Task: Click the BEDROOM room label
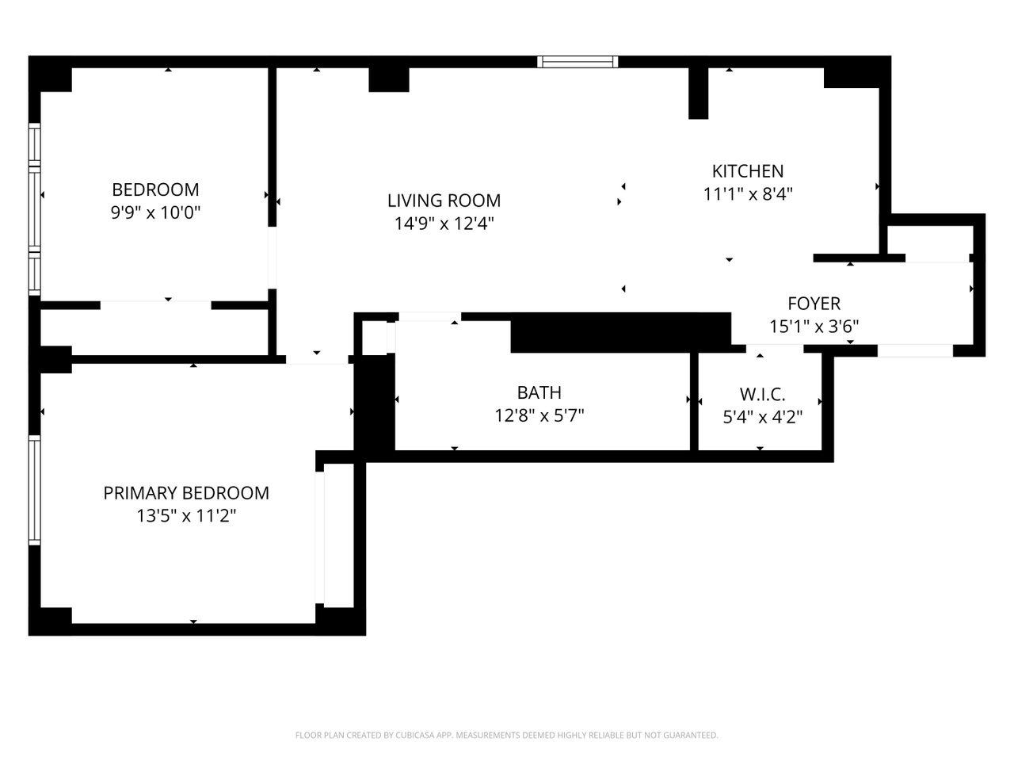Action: tap(155, 189)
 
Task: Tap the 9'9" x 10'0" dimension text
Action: tap(155, 212)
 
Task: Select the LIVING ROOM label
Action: tap(444, 201)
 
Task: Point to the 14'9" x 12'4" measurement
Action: tap(444, 224)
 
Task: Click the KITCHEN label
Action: tap(747, 171)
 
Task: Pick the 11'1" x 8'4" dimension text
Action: tap(747, 193)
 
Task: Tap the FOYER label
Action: tap(814, 304)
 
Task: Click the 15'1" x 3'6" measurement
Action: tap(814, 326)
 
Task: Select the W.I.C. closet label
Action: tap(762, 394)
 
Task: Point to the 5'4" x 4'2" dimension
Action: tap(762, 416)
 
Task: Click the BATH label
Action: tap(539, 392)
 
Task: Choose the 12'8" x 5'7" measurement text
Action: tap(539, 415)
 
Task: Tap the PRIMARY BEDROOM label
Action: tap(186, 493)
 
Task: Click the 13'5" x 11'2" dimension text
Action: tap(186, 516)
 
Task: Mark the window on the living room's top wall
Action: tap(578, 62)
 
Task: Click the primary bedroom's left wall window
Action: tap(34, 490)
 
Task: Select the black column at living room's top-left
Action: tap(389, 79)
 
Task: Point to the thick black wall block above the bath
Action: tap(619, 332)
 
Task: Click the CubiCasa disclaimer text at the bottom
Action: tap(506, 735)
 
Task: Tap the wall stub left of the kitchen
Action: tap(698, 93)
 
